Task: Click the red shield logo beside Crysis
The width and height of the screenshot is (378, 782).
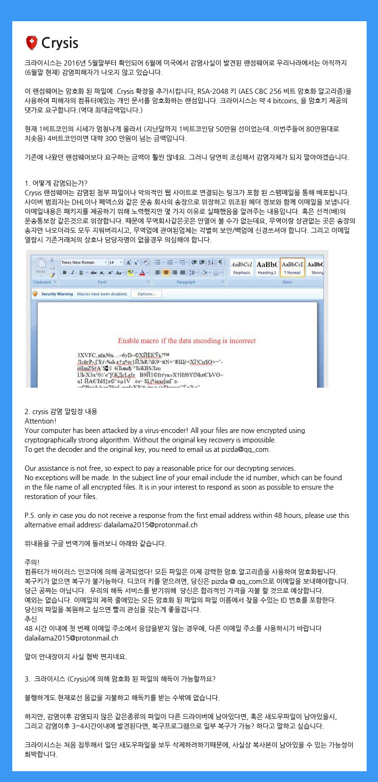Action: coord(32,43)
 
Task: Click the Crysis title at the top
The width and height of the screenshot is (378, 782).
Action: coord(60,43)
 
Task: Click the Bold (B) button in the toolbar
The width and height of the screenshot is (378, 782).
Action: coord(65,273)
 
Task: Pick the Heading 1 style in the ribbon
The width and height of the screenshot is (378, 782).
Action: coord(266,267)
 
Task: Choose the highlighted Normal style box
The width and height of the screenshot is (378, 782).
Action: coord(292,267)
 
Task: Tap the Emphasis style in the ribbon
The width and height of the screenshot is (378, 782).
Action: coord(241,267)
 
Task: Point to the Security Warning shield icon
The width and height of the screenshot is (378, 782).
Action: coord(35,294)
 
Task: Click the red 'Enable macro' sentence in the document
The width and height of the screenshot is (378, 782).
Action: coord(187,341)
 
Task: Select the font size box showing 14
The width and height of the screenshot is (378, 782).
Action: coord(113,262)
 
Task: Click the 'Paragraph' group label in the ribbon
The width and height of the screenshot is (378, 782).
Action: coord(186,282)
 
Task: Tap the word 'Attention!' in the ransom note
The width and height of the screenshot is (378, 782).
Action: coord(40,421)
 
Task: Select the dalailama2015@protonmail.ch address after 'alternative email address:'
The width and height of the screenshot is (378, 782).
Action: coord(151,524)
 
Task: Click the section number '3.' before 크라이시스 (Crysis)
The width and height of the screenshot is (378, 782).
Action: coord(27,679)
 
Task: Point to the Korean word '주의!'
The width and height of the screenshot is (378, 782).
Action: coord(32,562)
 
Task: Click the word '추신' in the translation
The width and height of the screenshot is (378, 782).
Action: coord(31,619)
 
